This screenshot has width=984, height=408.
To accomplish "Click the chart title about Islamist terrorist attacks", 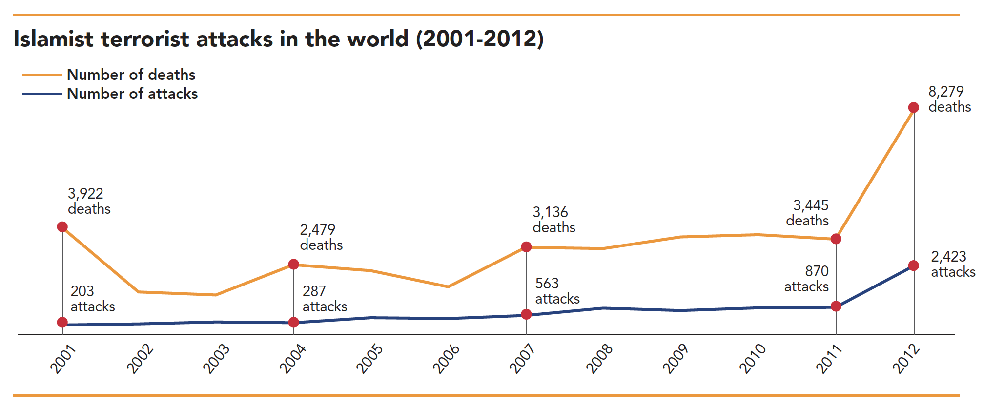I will coord(278,39).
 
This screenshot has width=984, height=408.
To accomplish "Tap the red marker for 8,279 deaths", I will coord(914,108).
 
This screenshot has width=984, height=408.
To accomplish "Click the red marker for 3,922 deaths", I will coord(62,227).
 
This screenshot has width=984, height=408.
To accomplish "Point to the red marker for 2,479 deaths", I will coord(294,265).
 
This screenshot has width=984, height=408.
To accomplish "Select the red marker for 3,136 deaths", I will coord(526,247).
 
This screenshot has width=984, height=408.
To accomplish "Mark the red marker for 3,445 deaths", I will coord(836,239).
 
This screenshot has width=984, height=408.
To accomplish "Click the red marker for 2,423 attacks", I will coord(914,266).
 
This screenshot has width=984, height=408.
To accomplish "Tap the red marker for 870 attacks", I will coord(836,306).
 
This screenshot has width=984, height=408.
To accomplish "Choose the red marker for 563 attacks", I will coord(526,314).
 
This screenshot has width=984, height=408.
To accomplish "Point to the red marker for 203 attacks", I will coord(62,322).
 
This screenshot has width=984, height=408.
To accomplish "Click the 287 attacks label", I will coord(325,299).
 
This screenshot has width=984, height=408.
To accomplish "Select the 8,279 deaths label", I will coord(949,99).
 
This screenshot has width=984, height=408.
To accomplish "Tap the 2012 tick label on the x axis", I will coord(906,359).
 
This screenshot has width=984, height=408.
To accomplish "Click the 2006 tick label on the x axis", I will coord(446,359).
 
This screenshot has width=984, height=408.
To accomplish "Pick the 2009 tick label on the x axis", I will coord(676,359).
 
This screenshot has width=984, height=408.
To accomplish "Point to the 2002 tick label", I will coord(140,359).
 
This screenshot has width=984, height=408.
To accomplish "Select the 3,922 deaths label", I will coord(89,201).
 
